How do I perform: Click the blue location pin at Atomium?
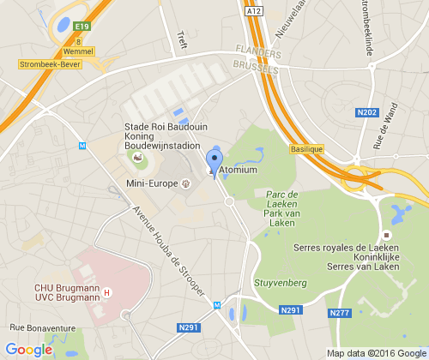pos(214,160)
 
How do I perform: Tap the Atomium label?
pos(238,171)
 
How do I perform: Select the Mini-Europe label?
pos(151,183)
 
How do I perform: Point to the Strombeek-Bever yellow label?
pos(51,63)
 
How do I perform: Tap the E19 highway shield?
pos(82,27)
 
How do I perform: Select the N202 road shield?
pos(366,112)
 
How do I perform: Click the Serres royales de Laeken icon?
pos(387,235)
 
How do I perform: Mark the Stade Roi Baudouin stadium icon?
pos(137,158)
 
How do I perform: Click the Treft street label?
pos(181,39)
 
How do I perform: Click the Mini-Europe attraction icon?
pos(185,183)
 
